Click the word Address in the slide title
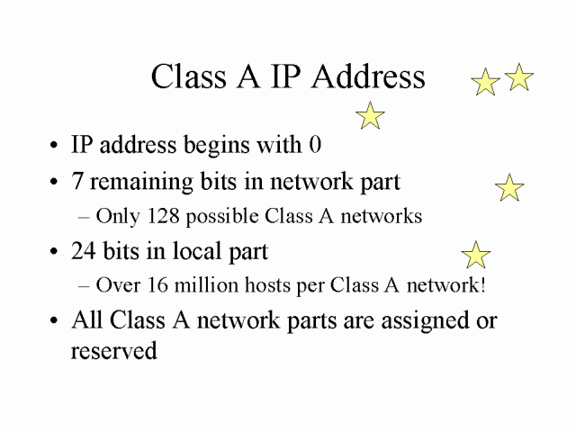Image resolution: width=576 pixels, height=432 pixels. click(x=368, y=76)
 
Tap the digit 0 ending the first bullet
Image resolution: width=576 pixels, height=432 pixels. click(x=315, y=144)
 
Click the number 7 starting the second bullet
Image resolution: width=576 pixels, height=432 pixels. click(x=76, y=181)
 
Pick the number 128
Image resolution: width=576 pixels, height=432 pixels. click(x=163, y=216)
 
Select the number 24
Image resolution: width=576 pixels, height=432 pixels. click(x=84, y=251)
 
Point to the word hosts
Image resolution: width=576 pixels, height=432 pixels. click(x=267, y=284)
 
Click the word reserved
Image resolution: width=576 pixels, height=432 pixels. click(x=114, y=350)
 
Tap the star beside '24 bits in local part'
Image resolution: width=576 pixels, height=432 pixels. click(x=476, y=255)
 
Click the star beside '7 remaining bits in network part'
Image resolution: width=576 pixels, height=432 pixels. click(x=509, y=187)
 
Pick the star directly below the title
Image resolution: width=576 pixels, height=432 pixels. click(x=370, y=115)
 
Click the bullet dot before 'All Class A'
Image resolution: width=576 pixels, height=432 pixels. click(x=54, y=320)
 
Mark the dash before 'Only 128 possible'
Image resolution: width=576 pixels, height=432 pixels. click(x=84, y=217)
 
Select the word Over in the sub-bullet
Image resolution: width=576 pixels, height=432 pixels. click(x=118, y=284)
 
